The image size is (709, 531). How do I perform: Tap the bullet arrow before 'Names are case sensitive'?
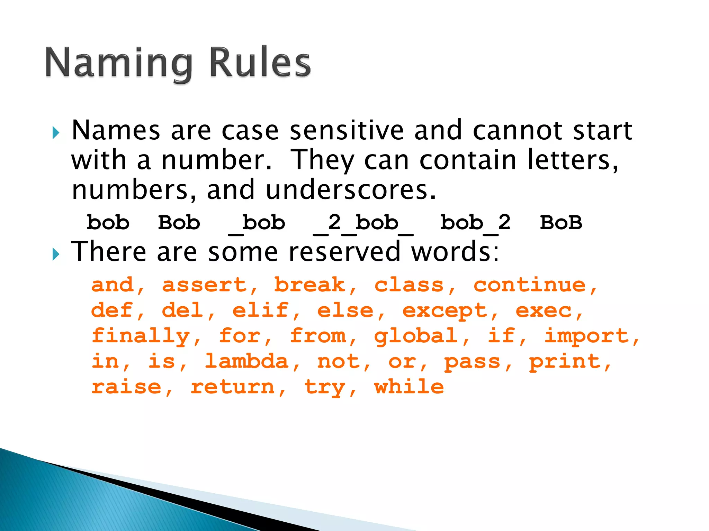[x=56, y=132]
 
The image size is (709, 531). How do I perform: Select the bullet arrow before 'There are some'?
[x=56, y=254]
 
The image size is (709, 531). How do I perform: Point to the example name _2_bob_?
[x=363, y=223]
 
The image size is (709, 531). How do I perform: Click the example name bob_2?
[x=475, y=223]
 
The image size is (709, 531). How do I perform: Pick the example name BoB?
[x=561, y=223]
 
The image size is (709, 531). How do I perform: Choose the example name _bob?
[x=257, y=223]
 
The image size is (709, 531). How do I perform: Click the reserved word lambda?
[x=247, y=362]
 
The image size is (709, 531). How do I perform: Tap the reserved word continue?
[x=530, y=285]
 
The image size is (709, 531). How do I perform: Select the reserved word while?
[x=409, y=386]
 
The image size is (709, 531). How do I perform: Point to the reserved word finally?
[x=141, y=336]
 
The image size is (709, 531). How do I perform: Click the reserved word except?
[x=445, y=311]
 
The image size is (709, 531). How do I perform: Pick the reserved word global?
[x=416, y=336]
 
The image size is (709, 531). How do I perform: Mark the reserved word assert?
[x=205, y=285]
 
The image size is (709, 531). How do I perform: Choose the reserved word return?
[x=233, y=386]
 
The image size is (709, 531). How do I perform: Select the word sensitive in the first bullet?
[x=347, y=131]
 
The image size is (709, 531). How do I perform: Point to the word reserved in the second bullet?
[x=344, y=252]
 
